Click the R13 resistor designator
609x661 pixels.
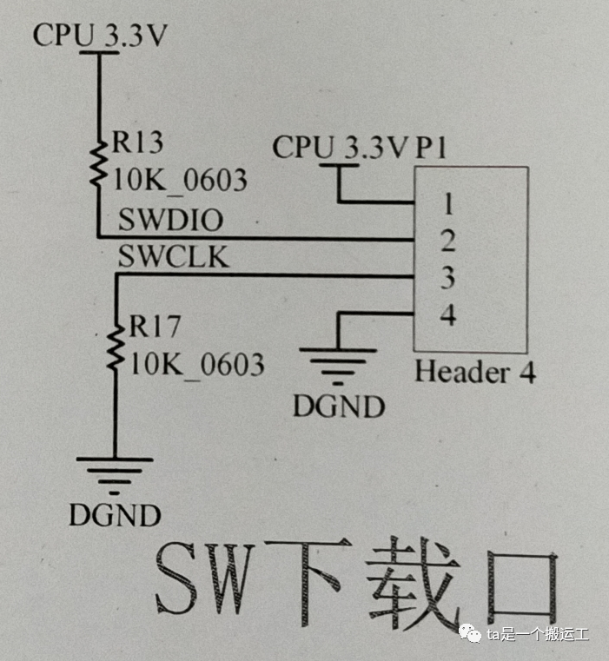coord(137,143)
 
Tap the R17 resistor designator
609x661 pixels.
coord(155,327)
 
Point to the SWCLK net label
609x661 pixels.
coord(173,258)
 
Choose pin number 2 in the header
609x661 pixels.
coord(448,241)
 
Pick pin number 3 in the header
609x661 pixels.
coord(448,278)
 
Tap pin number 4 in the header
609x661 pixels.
coord(448,314)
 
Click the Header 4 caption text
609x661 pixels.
coord(474,373)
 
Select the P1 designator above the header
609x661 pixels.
coord(431,148)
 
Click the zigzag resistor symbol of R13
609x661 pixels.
coord(98,162)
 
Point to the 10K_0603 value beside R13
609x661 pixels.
coord(180,181)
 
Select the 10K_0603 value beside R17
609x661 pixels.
coord(196,364)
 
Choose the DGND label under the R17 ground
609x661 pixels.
coord(115,515)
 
